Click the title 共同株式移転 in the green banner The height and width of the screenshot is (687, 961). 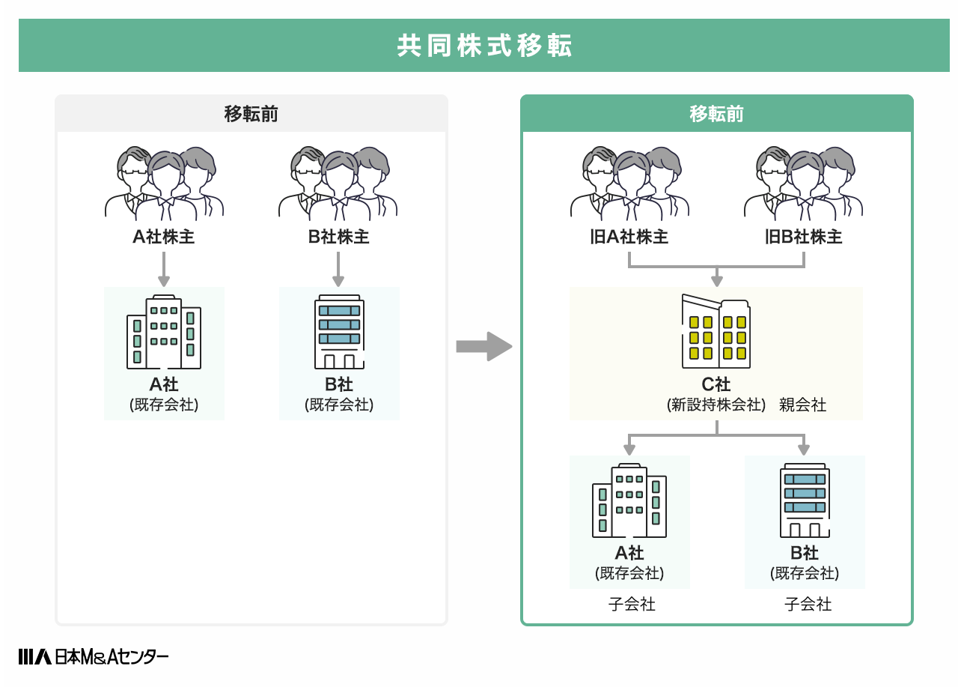[484, 46]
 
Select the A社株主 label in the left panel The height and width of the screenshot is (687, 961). [164, 237]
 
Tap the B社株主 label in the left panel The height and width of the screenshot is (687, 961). [338, 237]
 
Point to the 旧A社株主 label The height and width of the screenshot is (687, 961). [629, 237]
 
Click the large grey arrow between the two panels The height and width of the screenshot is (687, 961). [483, 346]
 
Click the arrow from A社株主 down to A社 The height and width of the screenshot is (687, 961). [164, 269]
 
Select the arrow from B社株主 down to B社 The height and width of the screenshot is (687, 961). [338, 269]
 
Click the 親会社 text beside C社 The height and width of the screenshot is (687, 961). [802, 405]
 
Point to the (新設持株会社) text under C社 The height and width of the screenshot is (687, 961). [716, 405]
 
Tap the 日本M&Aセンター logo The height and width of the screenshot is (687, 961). [94, 656]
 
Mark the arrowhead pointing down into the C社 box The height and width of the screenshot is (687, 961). [716, 281]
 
